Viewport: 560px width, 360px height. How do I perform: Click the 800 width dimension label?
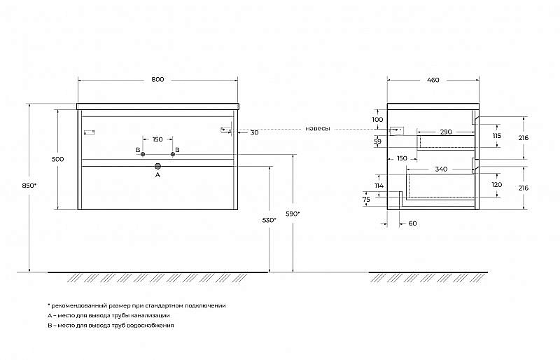[x=157, y=79]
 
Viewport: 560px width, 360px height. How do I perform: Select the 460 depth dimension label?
[x=433, y=80]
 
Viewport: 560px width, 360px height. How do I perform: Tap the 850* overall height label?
[x=29, y=186]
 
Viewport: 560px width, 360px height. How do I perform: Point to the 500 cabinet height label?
[x=58, y=159]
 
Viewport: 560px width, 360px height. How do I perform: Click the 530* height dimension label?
[x=269, y=220]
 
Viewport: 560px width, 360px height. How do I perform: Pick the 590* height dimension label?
[x=293, y=214]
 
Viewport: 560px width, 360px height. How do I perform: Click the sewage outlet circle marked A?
[x=158, y=166]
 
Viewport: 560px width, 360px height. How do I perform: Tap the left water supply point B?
[x=143, y=154]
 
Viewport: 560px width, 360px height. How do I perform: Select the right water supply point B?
[x=173, y=154]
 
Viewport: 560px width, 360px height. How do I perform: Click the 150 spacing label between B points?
[x=157, y=139]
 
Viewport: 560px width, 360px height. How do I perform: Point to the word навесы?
[x=318, y=128]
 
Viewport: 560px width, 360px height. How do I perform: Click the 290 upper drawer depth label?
[x=446, y=132]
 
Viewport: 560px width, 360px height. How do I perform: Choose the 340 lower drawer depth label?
[x=441, y=169]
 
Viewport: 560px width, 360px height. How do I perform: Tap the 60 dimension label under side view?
[x=412, y=223]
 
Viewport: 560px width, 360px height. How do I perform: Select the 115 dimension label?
[x=497, y=136]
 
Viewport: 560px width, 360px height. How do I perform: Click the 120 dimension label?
[x=497, y=185]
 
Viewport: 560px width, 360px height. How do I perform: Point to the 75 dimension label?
[x=366, y=200]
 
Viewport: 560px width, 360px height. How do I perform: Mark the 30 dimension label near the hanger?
[x=254, y=132]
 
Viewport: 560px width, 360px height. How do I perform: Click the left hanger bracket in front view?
[x=89, y=132]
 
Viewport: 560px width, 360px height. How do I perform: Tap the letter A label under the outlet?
[x=158, y=175]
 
